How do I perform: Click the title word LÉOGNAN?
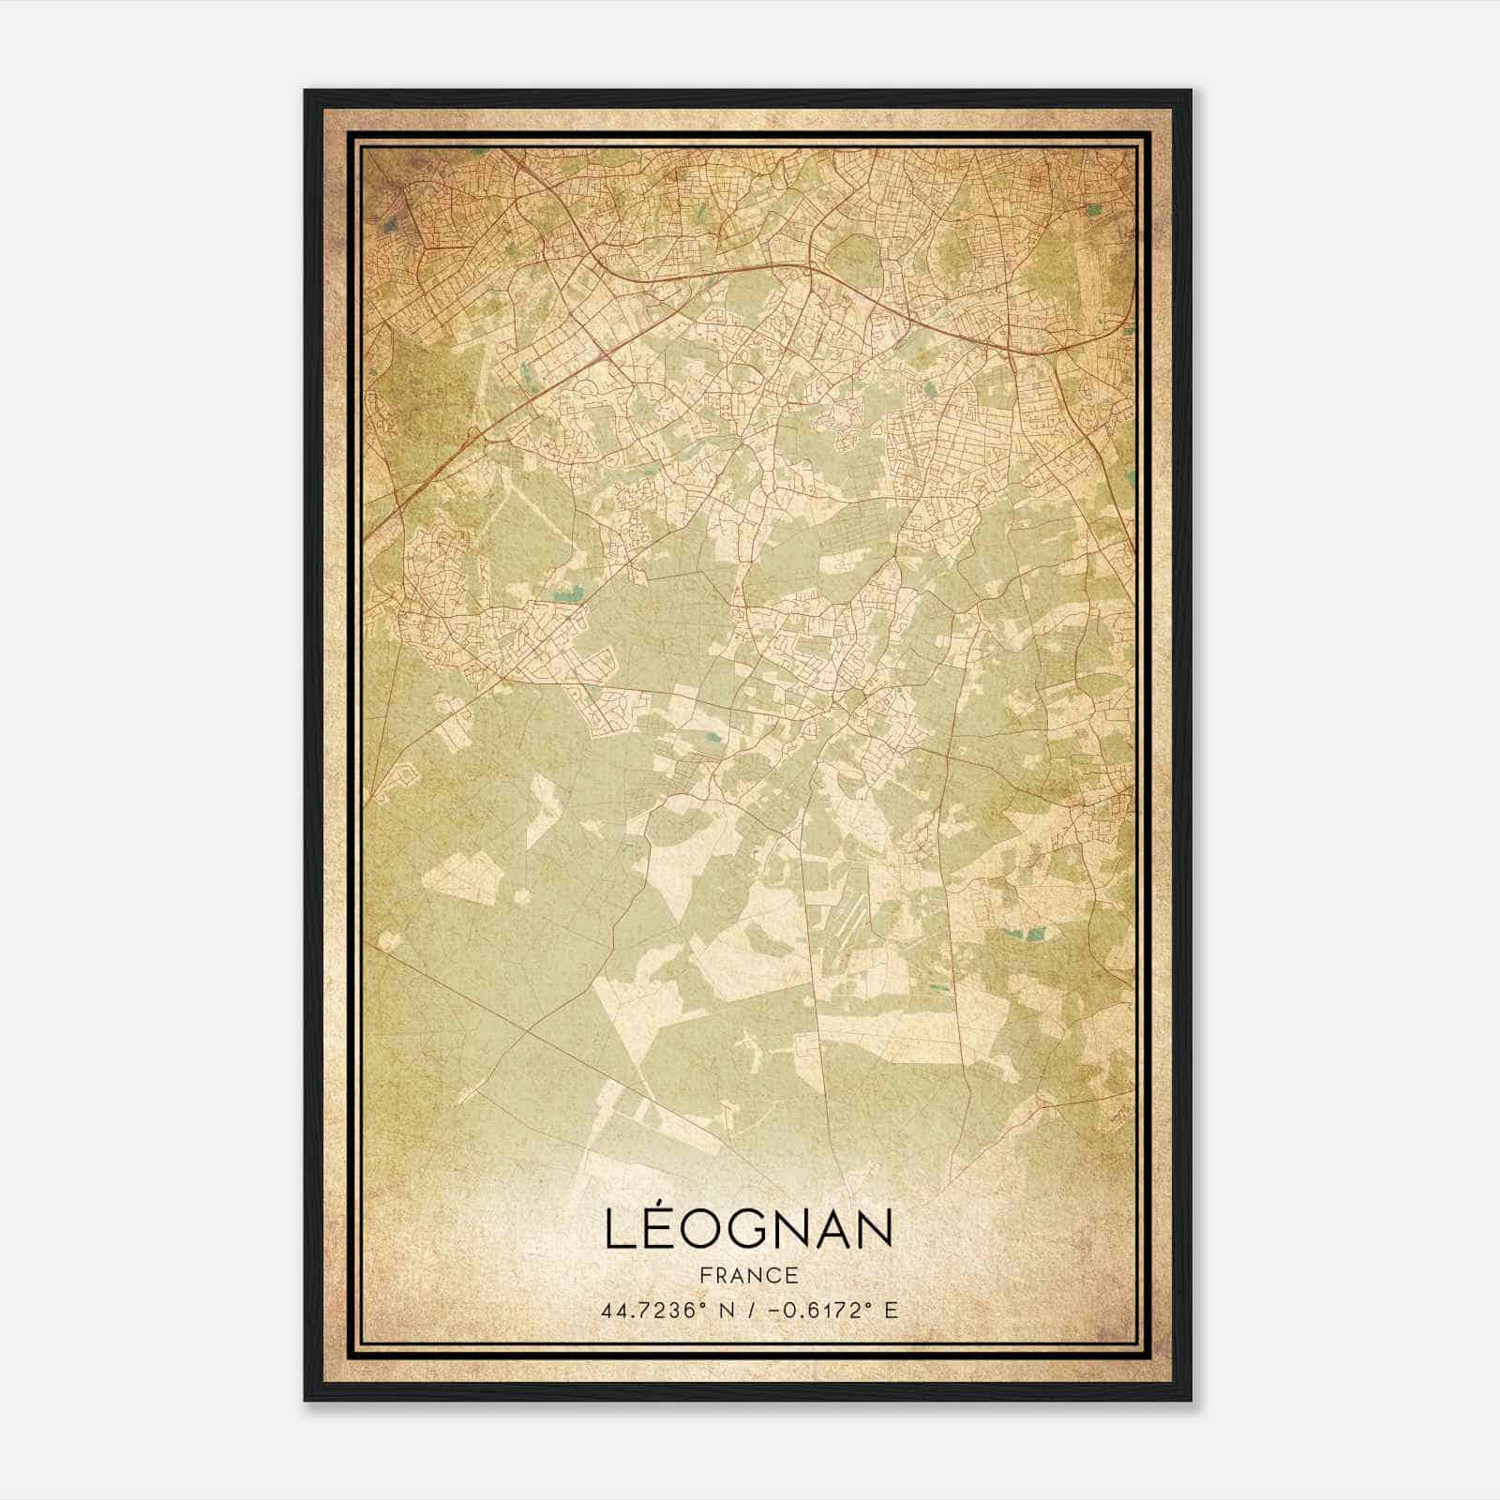749,1228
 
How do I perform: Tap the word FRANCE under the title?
749,1276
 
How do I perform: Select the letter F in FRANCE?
705,1276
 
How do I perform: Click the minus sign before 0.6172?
773,1310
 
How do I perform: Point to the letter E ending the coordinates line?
892,1310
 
